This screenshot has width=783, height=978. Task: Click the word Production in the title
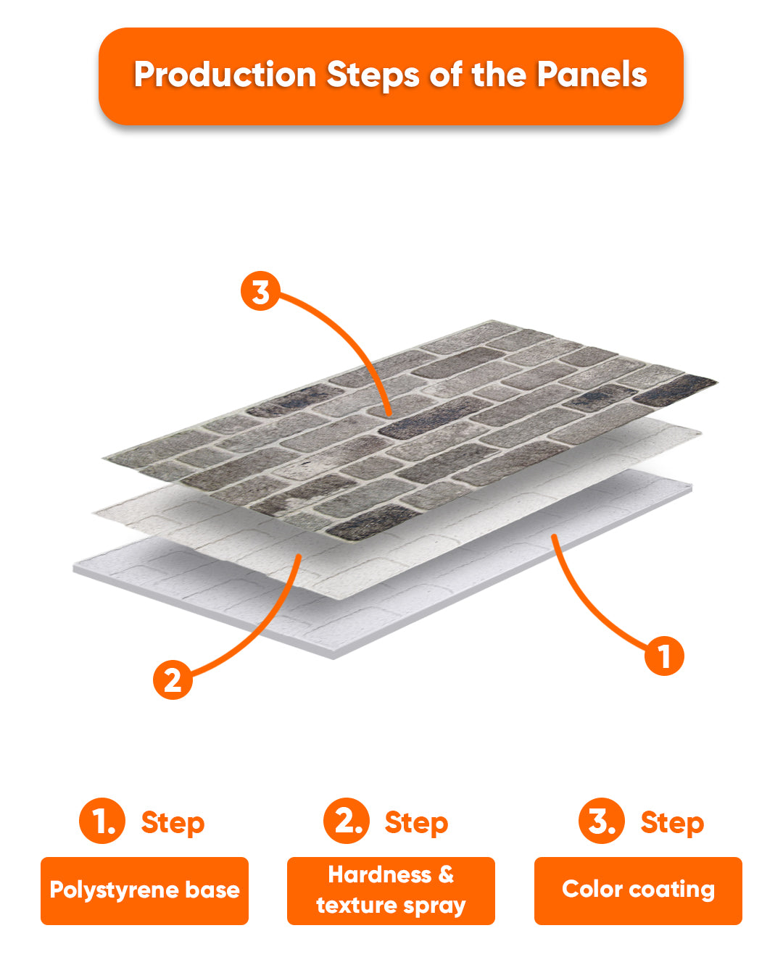(x=225, y=75)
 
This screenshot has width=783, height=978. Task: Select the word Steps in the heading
(x=373, y=75)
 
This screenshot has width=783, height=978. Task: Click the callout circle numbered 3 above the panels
(x=260, y=291)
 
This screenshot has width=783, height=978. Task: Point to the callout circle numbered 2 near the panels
(x=173, y=680)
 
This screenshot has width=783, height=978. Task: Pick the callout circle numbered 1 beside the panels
(x=664, y=656)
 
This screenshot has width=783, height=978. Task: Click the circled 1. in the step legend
(x=102, y=820)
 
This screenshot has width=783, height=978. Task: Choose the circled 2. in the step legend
(x=347, y=820)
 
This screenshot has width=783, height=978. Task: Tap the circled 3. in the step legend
(x=602, y=820)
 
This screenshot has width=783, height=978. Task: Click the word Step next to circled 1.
(x=173, y=823)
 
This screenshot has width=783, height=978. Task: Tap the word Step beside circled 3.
(x=673, y=823)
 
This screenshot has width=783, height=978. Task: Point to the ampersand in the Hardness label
(x=446, y=874)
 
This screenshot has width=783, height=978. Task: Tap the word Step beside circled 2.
(x=416, y=823)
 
